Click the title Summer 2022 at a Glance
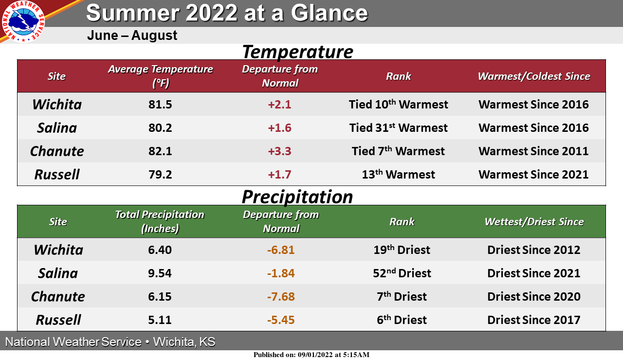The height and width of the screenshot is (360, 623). click(x=226, y=13)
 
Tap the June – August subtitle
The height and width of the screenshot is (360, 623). click(x=132, y=36)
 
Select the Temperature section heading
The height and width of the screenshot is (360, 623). click(x=297, y=52)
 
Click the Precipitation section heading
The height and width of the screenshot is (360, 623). click(x=297, y=197)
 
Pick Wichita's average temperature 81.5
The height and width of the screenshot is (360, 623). click(x=160, y=105)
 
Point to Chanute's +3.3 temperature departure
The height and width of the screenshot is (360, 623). click(x=279, y=151)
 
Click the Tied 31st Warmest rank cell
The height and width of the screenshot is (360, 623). click(x=398, y=128)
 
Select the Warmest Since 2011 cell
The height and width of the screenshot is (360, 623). click(x=533, y=151)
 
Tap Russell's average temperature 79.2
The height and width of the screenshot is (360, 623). click(x=160, y=175)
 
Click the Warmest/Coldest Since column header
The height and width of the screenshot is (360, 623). click(x=533, y=76)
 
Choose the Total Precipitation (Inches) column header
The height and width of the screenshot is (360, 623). click(x=160, y=221)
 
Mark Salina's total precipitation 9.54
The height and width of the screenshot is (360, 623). click(x=160, y=273)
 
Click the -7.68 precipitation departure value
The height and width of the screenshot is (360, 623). click(x=281, y=297)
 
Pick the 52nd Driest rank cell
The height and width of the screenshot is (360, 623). click(x=402, y=273)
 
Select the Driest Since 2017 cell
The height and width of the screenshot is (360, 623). click(x=533, y=320)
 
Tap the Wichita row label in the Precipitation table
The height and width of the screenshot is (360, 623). click(x=58, y=250)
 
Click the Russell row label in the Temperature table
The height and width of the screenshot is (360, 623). click(x=57, y=175)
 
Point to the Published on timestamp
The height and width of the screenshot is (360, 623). click(x=311, y=355)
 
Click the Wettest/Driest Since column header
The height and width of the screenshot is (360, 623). click(x=533, y=222)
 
